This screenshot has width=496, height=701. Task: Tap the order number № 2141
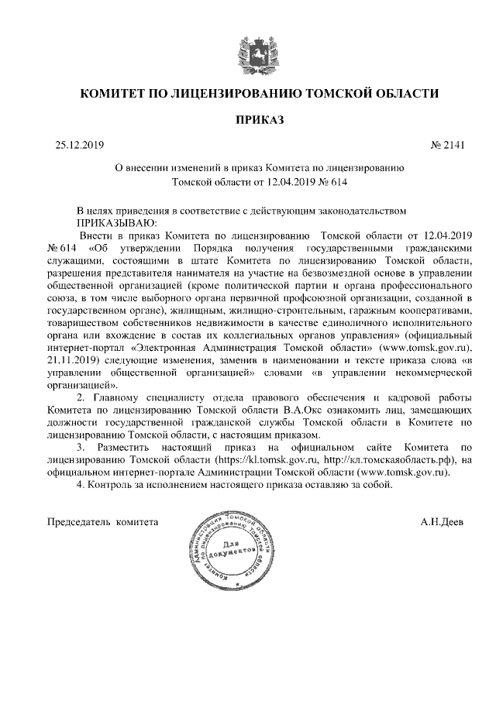tap(446, 144)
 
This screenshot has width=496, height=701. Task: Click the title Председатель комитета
tap(103, 521)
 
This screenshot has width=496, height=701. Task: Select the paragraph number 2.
tap(80, 397)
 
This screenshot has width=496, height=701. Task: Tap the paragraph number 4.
tap(80, 485)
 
